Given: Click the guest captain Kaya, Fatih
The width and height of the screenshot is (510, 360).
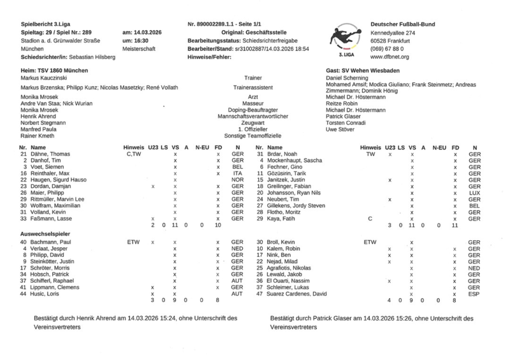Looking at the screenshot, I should click(279, 219).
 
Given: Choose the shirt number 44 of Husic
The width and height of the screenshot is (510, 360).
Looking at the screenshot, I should click(24, 294).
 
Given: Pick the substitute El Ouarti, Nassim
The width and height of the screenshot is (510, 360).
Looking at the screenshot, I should click(289, 280).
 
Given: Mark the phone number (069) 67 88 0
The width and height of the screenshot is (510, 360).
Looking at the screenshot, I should click(391, 48).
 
